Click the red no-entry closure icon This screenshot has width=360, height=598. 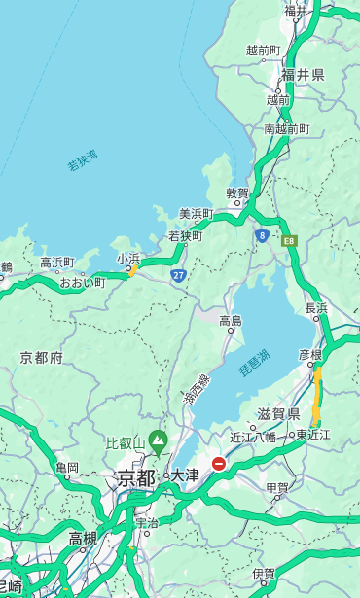pos(219,465)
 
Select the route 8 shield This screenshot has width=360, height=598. pos(262,234)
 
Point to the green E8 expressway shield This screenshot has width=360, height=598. pos(289,240)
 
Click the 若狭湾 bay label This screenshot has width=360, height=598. pos(83,161)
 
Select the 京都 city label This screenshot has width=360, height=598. pos(136,477)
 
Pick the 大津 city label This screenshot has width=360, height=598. pos(184,476)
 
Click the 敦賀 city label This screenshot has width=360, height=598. pos(237,193)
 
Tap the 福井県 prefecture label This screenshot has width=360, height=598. pos(304,75)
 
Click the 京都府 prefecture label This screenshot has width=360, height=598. pos(42,357)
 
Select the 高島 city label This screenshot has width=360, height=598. pos(231,320)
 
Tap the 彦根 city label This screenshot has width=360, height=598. pos(309,356)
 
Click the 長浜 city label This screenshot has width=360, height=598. pos(316,308)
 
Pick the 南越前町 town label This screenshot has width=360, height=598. pos(286,128)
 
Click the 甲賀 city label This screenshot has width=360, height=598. pos(277,488)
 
